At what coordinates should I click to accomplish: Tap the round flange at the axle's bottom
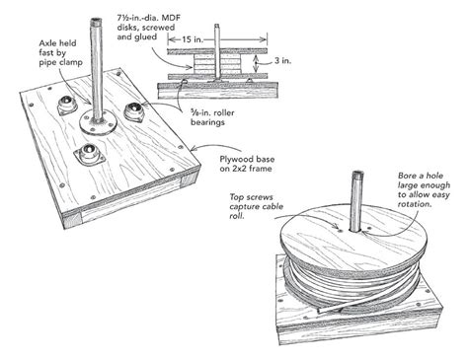pos(99,121)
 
